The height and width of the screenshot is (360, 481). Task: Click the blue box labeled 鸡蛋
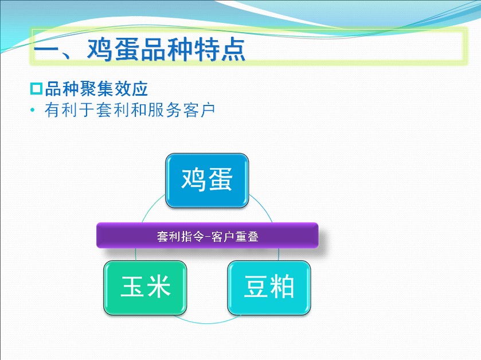(207, 181)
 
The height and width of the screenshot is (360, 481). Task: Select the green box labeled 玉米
(145, 288)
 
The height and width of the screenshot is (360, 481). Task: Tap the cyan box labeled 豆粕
(269, 288)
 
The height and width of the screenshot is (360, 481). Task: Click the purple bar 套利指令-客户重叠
(208, 236)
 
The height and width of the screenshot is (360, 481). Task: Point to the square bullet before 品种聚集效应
(36, 89)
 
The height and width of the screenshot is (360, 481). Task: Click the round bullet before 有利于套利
(33, 110)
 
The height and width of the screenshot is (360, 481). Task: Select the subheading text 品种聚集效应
(96, 89)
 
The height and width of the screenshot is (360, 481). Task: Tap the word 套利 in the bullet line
(113, 110)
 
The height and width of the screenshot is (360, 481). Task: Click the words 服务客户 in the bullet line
(181, 110)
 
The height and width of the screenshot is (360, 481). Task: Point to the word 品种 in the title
(166, 49)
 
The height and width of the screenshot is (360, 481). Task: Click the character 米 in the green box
(158, 287)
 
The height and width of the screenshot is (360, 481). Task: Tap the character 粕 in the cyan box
(282, 287)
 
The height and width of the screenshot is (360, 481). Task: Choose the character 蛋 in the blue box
(220, 179)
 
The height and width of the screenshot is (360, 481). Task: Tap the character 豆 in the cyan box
(256, 287)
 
